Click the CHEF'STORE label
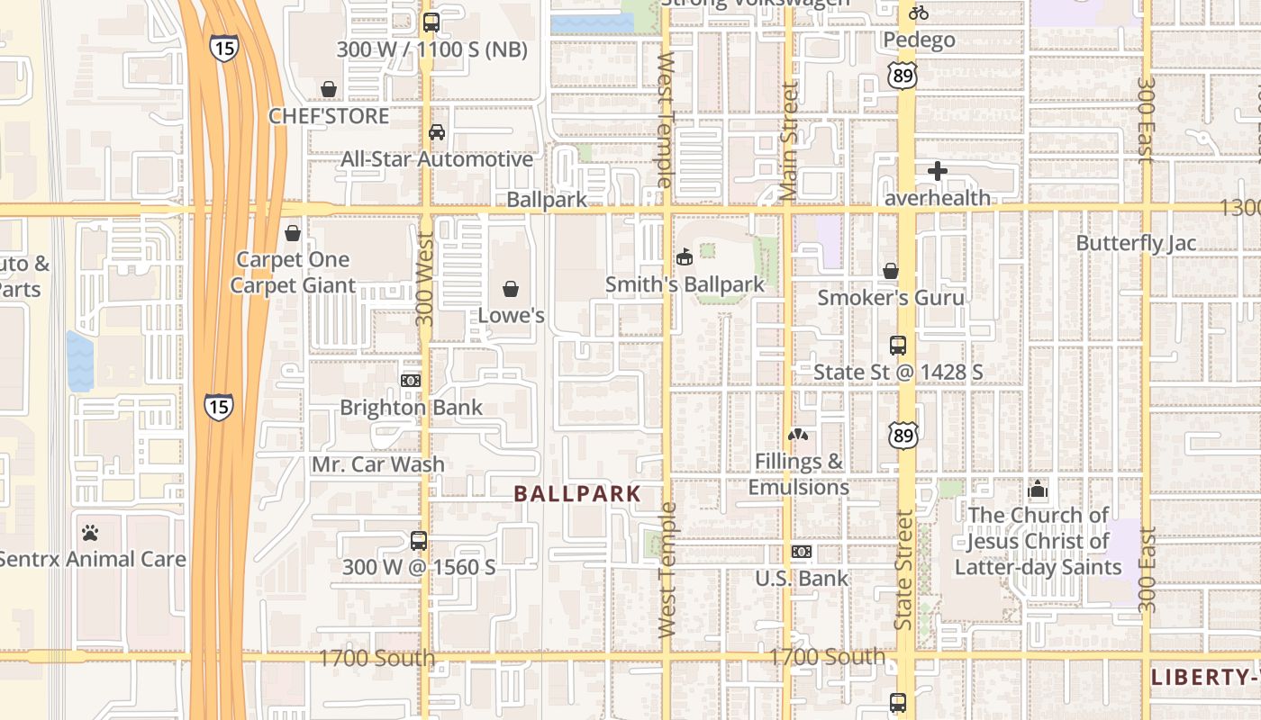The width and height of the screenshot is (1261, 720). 329,116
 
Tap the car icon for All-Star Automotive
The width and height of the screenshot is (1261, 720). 437,132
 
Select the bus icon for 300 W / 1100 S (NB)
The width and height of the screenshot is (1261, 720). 431,22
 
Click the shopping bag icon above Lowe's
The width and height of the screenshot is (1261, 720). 511,289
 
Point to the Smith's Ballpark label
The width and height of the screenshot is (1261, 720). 685,284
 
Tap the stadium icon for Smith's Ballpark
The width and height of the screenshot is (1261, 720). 684,257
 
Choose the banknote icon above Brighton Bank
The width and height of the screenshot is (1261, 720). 411,381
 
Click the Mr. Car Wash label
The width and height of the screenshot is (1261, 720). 377,464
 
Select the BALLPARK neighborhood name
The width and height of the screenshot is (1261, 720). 577,493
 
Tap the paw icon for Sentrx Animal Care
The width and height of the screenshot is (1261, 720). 89,533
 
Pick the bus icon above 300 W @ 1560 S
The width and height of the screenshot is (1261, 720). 419,541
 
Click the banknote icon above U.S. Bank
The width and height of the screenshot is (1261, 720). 802,552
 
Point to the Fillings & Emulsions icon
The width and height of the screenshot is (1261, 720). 798,436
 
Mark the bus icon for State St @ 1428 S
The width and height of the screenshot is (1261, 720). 898,346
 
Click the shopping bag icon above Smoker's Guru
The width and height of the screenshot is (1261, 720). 891,271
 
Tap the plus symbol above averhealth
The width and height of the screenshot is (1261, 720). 938,171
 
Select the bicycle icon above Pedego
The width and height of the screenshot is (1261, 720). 919,13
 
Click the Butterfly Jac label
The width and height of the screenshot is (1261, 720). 1136,243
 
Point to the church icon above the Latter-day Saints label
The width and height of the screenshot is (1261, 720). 1038,490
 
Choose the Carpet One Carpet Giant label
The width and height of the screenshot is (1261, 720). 293,273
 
